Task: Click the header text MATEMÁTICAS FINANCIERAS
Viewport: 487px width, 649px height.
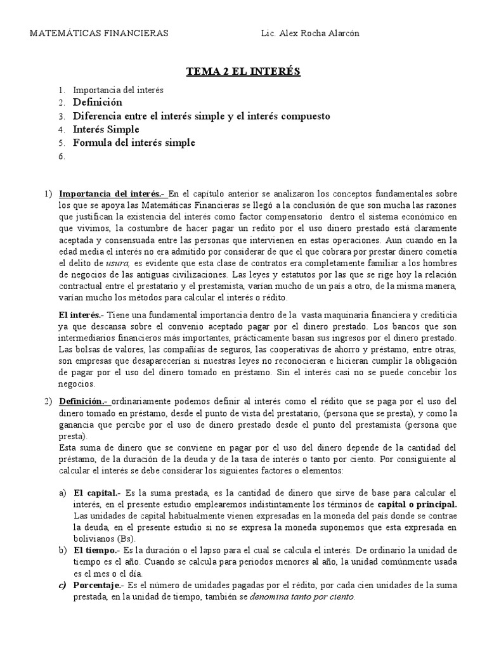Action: tap(100, 34)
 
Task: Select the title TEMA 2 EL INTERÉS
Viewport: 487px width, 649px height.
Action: tap(243, 72)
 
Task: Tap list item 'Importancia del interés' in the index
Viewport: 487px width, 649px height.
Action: tap(118, 90)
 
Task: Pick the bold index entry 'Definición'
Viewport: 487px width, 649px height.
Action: tap(97, 103)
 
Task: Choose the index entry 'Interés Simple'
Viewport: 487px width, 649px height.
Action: tap(106, 129)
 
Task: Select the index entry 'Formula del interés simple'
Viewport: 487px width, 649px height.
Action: tap(134, 143)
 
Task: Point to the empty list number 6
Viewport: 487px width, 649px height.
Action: tap(62, 157)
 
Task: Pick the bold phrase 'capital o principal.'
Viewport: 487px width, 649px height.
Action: tap(417, 504)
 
